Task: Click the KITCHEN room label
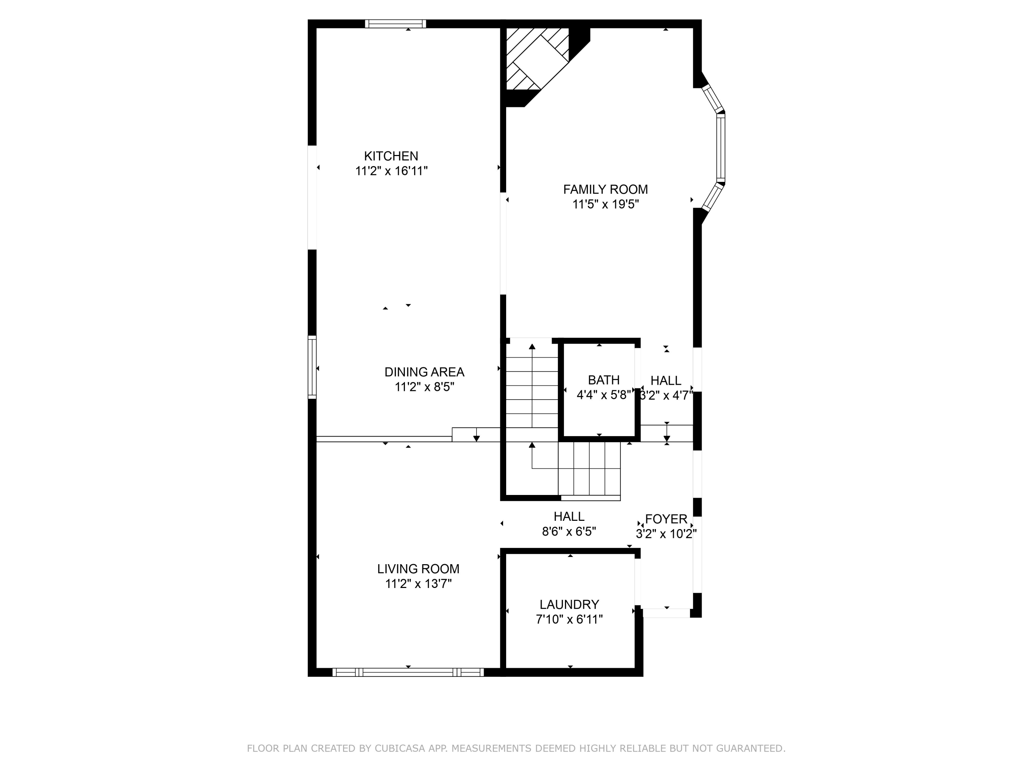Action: point(391,156)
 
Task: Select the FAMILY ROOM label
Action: point(605,190)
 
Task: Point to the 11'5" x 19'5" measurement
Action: point(605,205)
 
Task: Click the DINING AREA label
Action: point(424,372)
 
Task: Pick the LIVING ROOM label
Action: point(418,569)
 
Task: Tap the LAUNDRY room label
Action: point(569,604)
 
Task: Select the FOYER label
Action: point(666,519)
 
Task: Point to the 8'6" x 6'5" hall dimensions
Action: point(569,531)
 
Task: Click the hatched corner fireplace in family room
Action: point(537,59)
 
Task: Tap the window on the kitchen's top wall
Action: point(396,24)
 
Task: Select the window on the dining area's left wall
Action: point(312,367)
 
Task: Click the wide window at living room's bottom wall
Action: point(408,672)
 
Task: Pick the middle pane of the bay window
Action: point(721,148)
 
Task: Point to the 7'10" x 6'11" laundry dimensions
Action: point(569,619)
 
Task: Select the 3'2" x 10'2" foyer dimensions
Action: point(666,534)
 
